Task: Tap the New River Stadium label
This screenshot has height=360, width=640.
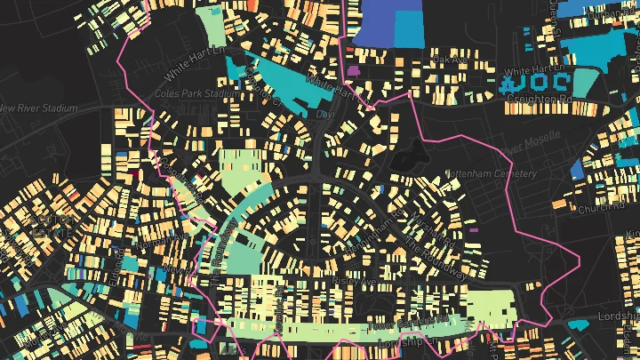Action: click(x=39, y=108)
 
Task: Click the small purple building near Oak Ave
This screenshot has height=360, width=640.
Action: click(x=353, y=69)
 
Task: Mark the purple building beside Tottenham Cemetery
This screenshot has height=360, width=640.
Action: click(x=473, y=230)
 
